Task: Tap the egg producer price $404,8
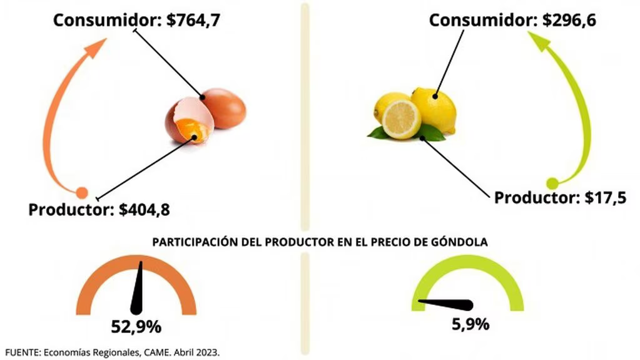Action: coord(144,209)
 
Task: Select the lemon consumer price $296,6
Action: coord(569,20)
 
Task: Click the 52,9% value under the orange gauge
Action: coord(136,326)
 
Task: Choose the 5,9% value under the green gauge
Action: coord(470,325)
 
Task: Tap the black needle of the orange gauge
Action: coord(137,289)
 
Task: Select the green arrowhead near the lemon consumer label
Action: coord(539,42)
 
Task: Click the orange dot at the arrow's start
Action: coord(81,193)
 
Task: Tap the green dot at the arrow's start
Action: coord(552,183)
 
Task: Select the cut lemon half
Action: coord(401,119)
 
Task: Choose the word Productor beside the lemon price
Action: coord(537,198)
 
